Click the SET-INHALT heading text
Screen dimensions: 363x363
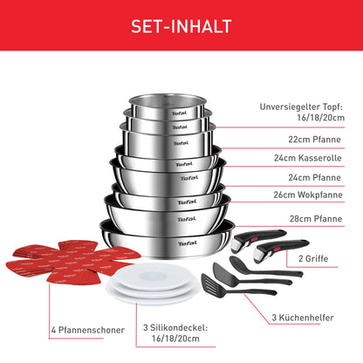point(181,26)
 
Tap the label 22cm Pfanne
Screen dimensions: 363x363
point(314,140)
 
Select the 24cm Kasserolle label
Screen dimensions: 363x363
point(307,158)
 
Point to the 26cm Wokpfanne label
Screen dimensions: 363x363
point(308,195)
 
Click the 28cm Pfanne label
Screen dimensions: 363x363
point(316,219)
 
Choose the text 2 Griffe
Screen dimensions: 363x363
point(313,258)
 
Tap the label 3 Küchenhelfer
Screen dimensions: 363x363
point(303,318)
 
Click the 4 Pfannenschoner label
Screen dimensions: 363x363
point(88,330)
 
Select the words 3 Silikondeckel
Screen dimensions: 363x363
point(175,328)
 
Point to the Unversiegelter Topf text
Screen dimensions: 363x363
point(301,106)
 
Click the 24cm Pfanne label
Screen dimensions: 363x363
point(314,177)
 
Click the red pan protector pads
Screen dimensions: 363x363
point(72,262)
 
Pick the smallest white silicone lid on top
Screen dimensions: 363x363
point(153,276)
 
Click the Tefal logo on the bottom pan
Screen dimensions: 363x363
point(188,243)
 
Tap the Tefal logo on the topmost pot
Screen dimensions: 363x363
point(179,113)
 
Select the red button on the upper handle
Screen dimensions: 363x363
point(254,239)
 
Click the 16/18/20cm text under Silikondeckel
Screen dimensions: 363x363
point(175,339)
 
